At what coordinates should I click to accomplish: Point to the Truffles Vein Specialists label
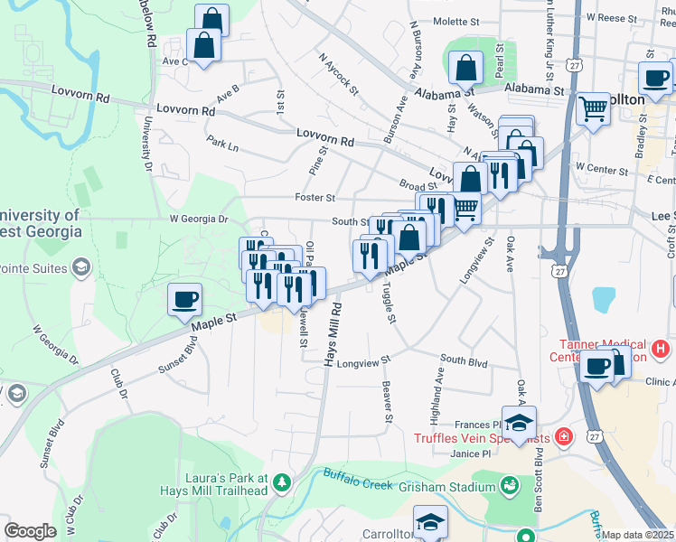click(481, 438)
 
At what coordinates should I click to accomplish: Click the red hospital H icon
click(661, 348)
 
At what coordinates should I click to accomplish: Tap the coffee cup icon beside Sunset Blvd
click(185, 300)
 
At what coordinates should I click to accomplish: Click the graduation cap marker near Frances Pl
click(519, 423)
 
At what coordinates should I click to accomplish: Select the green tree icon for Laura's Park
click(282, 483)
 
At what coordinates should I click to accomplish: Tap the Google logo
click(30, 530)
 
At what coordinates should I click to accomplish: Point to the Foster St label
click(315, 198)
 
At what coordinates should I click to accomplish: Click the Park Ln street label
click(222, 144)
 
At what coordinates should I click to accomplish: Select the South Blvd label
click(464, 362)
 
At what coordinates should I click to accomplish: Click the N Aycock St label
click(338, 73)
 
